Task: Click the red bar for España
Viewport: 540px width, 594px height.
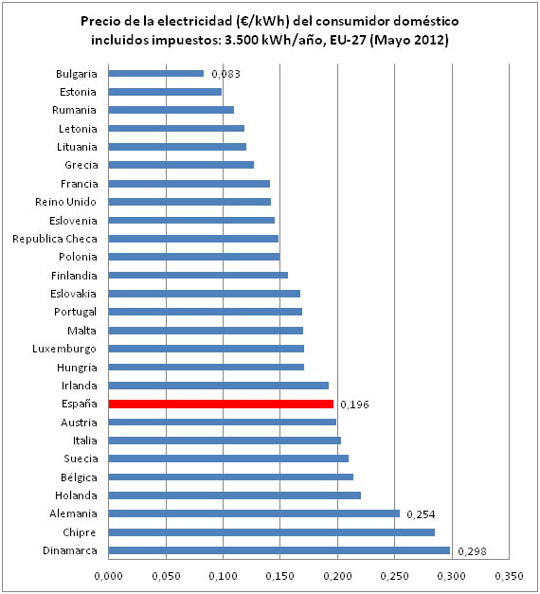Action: tap(221, 404)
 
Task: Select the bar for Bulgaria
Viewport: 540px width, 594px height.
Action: tap(156, 74)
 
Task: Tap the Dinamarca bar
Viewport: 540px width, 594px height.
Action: tap(279, 550)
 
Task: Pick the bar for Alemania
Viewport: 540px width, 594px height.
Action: tap(254, 513)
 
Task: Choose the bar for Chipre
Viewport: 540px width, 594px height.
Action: tap(272, 532)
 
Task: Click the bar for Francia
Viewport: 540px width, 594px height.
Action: tap(189, 184)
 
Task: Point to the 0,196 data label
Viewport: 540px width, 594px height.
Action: tap(354, 405)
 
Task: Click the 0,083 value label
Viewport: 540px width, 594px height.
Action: tap(225, 74)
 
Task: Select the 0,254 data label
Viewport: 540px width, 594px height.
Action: tap(421, 514)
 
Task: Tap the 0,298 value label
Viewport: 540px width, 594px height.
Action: tap(472, 551)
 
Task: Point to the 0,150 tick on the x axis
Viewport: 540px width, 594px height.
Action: tap(280, 576)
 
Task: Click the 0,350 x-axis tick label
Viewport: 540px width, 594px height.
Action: tap(509, 576)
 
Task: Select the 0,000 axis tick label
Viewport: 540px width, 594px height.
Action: tap(108, 576)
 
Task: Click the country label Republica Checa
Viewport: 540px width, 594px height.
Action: tap(55, 239)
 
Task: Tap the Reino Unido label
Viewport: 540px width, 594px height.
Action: tap(66, 202)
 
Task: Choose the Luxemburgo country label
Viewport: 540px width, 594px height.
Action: tap(64, 349)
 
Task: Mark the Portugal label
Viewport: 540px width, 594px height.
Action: tap(76, 312)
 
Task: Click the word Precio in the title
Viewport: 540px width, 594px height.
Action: tap(100, 21)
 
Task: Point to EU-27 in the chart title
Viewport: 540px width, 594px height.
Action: tap(348, 40)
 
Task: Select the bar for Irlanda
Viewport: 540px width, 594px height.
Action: tap(219, 386)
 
